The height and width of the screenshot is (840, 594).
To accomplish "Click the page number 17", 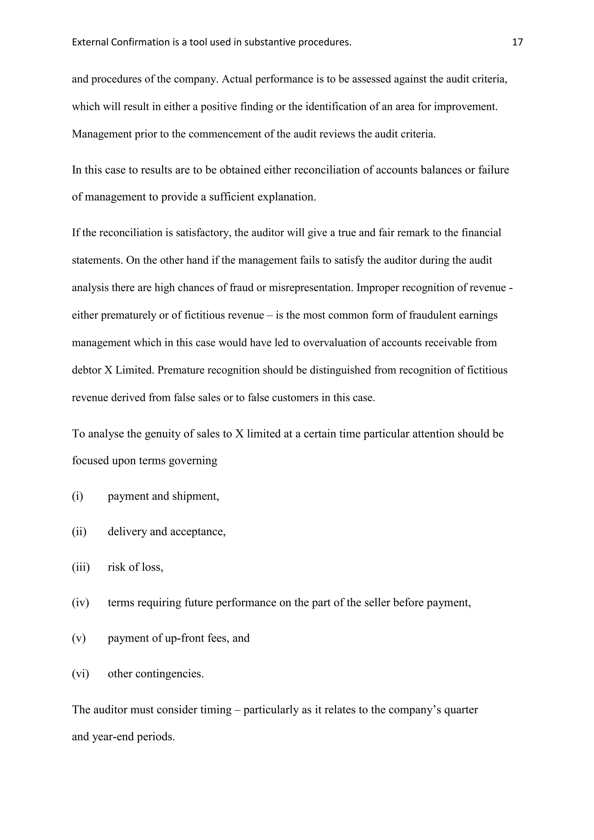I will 517,42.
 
